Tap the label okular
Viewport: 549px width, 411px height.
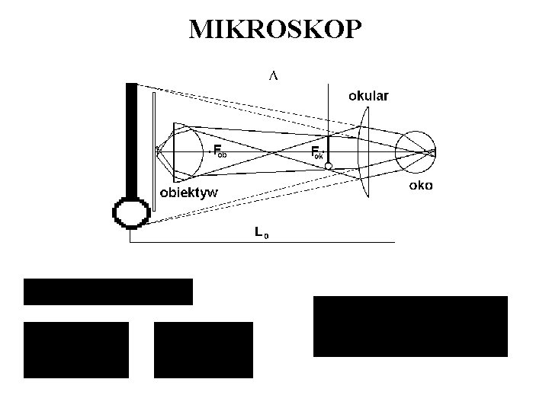click(x=368, y=96)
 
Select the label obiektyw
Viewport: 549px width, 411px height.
click(x=188, y=193)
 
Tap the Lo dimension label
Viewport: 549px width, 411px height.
click(x=261, y=233)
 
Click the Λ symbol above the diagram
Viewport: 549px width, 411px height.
click(x=273, y=75)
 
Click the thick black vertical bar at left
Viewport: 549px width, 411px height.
click(x=131, y=137)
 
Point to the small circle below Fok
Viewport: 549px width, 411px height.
click(x=329, y=166)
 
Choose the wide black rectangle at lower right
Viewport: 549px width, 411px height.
click(x=410, y=326)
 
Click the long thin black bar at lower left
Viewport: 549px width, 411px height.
click(x=108, y=292)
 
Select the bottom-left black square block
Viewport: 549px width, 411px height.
click(x=76, y=350)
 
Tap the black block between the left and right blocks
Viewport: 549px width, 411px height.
click(x=203, y=350)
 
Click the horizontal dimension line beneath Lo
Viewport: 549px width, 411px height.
click(x=262, y=242)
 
